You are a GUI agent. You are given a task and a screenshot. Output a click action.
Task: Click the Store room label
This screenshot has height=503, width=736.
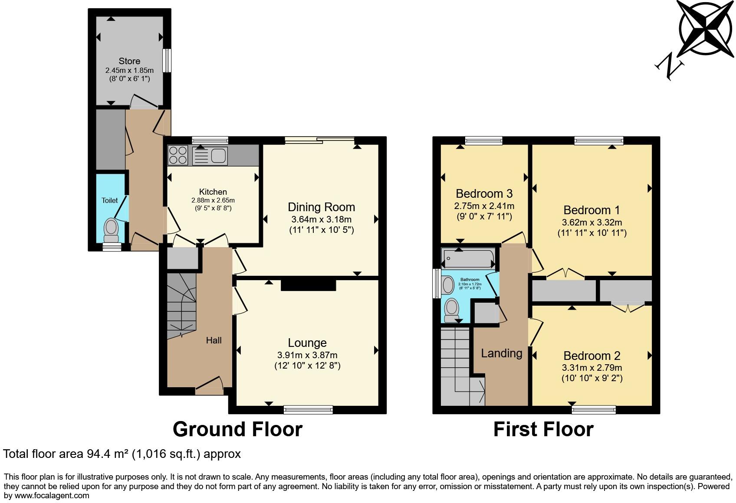(129, 61)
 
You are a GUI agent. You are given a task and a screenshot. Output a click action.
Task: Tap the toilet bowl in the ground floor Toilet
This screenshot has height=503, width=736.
(112, 228)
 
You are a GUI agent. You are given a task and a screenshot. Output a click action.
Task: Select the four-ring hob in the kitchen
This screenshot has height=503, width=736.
(178, 155)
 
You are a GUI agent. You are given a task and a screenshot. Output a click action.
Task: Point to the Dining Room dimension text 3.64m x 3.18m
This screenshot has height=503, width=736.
(321, 219)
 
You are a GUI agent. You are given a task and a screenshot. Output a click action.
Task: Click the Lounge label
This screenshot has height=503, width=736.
(307, 343)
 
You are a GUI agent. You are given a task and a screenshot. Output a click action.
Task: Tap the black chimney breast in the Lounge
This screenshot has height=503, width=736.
(308, 285)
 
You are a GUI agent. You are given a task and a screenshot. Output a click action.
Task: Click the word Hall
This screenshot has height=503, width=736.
(214, 340)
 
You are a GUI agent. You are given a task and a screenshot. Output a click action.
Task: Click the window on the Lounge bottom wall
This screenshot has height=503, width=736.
(308, 409)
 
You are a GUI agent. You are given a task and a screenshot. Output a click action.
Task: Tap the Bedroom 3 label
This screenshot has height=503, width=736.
(484, 193)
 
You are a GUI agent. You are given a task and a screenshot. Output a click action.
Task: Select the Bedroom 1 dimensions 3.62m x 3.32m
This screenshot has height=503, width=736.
(592, 222)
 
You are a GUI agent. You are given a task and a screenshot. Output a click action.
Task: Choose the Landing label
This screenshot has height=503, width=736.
(501, 353)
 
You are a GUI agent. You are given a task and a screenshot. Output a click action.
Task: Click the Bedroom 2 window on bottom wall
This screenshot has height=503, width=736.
(594, 409)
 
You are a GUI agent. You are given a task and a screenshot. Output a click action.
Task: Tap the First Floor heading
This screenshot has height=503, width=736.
(543, 429)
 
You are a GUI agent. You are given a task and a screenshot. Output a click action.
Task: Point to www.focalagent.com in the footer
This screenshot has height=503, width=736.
(52, 495)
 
